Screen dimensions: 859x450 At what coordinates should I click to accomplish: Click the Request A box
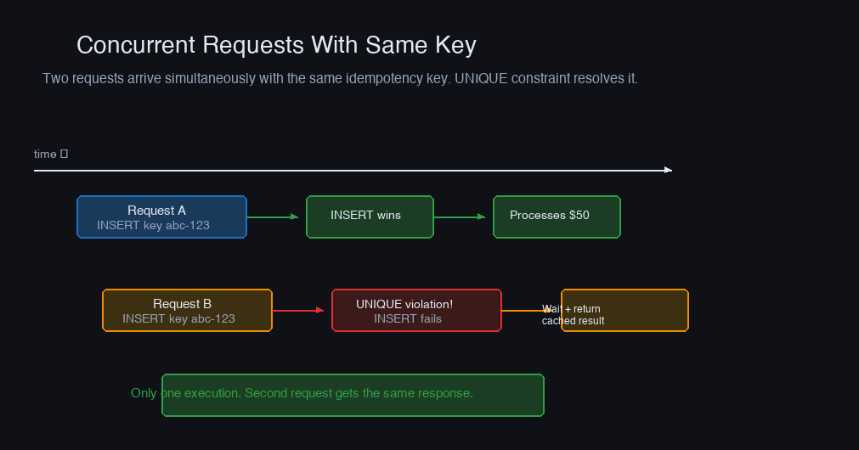tap(161, 217)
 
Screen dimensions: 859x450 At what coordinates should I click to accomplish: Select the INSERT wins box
tap(370, 217)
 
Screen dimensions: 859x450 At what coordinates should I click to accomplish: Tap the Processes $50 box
tap(557, 217)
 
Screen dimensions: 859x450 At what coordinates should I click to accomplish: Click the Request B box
tap(188, 311)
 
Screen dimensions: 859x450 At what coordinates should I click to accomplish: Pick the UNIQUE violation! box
tap(416, 311)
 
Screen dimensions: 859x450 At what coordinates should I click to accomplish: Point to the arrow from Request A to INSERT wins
tap(273, 217)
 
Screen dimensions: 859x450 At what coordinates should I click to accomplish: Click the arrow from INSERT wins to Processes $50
tap(460, 217)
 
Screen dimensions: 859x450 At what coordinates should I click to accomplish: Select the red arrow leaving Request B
tap(298, 311)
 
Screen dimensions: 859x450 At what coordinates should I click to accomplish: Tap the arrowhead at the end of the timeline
tap(669, 171)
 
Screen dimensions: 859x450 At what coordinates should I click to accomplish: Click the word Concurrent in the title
tap(136, 45)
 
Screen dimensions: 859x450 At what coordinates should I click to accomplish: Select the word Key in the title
tap(455, 46)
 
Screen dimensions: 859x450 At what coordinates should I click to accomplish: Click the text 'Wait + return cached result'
tap(573, 315)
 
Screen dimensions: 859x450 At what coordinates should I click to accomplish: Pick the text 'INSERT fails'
tap(408, 318)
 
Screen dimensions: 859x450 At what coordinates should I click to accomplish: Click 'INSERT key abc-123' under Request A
tap(154, 226)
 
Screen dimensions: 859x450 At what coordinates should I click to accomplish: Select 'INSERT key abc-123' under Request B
tap(178, 318)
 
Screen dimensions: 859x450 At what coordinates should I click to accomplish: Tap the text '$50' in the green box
tap(579, 215)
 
